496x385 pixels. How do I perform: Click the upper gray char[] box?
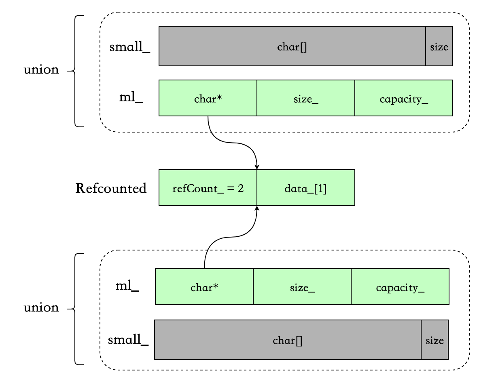click(x=292, y=46)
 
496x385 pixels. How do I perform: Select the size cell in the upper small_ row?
click(x=439, y=46)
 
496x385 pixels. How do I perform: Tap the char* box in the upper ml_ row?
click(x=208, y=98)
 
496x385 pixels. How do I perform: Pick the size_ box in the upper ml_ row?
click(x=306, y=98)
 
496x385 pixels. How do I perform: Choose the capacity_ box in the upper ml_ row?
click(x=404, y=98)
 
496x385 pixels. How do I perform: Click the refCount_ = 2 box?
click(x=208, y=187)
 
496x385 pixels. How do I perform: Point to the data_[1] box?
click(x=306, y=187)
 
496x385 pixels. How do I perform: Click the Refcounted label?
click(x=111, y=188)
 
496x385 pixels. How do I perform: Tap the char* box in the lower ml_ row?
click(x=204, y=286)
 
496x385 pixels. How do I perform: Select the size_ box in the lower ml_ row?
click(x=302, y=286)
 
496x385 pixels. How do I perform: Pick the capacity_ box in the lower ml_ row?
click(x=400, y=286)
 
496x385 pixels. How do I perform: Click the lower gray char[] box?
click(x=288, y=340)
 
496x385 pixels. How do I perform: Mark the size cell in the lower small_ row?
click(x=435, y=340)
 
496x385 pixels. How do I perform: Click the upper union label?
click(x=41, y=69)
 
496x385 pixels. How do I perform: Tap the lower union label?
click(x=41, y=307)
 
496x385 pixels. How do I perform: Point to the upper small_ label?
click(x=129, y=47)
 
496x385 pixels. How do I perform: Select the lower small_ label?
click(x=128, y=340)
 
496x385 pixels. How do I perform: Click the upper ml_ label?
click(x=131, y=97)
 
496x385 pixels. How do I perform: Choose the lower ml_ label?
click(x=127, y=286)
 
